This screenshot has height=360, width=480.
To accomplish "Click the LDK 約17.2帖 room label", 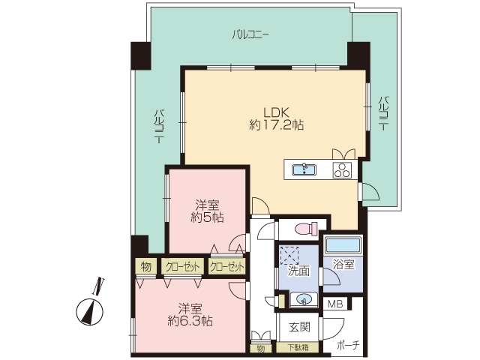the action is click(276, 118).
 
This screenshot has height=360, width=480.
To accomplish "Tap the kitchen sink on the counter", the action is click(304, 169).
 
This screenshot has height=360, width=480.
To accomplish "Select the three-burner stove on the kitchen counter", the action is click(342, 170).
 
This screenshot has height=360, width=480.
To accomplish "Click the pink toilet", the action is click(307, 229).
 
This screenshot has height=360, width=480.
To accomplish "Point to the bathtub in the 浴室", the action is click(343, 245).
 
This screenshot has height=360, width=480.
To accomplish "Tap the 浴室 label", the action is click(343, 265).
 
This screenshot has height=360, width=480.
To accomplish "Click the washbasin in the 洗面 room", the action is click(302, 299).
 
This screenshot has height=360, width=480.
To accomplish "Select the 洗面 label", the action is click(298, 271).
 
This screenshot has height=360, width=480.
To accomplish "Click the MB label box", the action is click(335, 304).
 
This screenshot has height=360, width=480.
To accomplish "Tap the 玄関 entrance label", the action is click(299, 327).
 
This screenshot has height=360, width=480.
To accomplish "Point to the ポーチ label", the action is click(348, 345).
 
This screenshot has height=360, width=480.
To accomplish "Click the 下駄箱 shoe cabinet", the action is click(298, 347).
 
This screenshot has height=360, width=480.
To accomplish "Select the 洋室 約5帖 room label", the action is click(207, 211).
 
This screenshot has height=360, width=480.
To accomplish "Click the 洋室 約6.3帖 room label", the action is click(190, 315).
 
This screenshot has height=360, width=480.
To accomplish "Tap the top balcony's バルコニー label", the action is click(250, 34).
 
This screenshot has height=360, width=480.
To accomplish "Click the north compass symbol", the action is click(90, 307).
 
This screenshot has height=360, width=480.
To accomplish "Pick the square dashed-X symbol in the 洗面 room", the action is click(289, 255).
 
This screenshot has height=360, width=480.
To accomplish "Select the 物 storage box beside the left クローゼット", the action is click(146, 267).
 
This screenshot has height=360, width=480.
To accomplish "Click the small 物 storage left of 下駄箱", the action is click(260, 348).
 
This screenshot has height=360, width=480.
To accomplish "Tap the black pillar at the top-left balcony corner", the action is click(141, 55).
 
